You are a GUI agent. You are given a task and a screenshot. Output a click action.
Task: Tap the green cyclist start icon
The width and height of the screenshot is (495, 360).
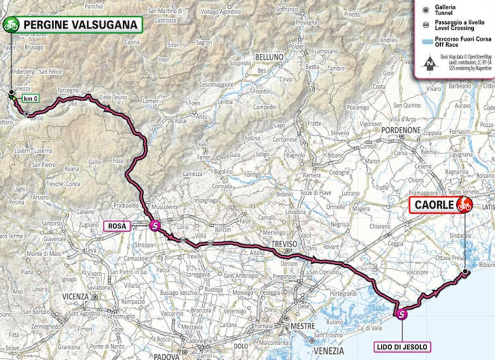click(x=11, y=24)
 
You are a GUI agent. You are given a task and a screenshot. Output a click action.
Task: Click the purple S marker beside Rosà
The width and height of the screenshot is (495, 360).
click(x=155, y=226)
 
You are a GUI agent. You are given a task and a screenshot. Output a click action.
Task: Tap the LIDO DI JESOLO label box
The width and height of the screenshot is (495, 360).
click(x=402, y=347)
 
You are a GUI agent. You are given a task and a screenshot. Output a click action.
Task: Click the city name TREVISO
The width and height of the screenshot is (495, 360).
click(x=284, y=244)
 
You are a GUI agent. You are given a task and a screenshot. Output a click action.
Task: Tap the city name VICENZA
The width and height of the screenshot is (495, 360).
click(x=75, y=296)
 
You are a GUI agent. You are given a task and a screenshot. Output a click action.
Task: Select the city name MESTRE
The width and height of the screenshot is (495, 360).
click(x=303, y=327)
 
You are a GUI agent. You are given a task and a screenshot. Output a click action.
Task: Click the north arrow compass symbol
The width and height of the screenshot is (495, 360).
click(x=430, y=63)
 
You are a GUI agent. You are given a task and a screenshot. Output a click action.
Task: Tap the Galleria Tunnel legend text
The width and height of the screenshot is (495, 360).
click(x=445, y=11)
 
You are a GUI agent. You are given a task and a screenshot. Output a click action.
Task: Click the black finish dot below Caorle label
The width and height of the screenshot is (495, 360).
click(x=466, y=272)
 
